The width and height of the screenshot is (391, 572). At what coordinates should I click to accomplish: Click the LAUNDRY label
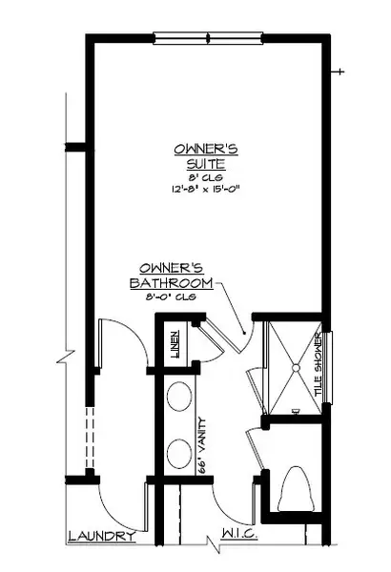coord(100,537)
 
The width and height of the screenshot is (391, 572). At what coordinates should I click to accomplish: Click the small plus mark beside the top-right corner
coord(340,72)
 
